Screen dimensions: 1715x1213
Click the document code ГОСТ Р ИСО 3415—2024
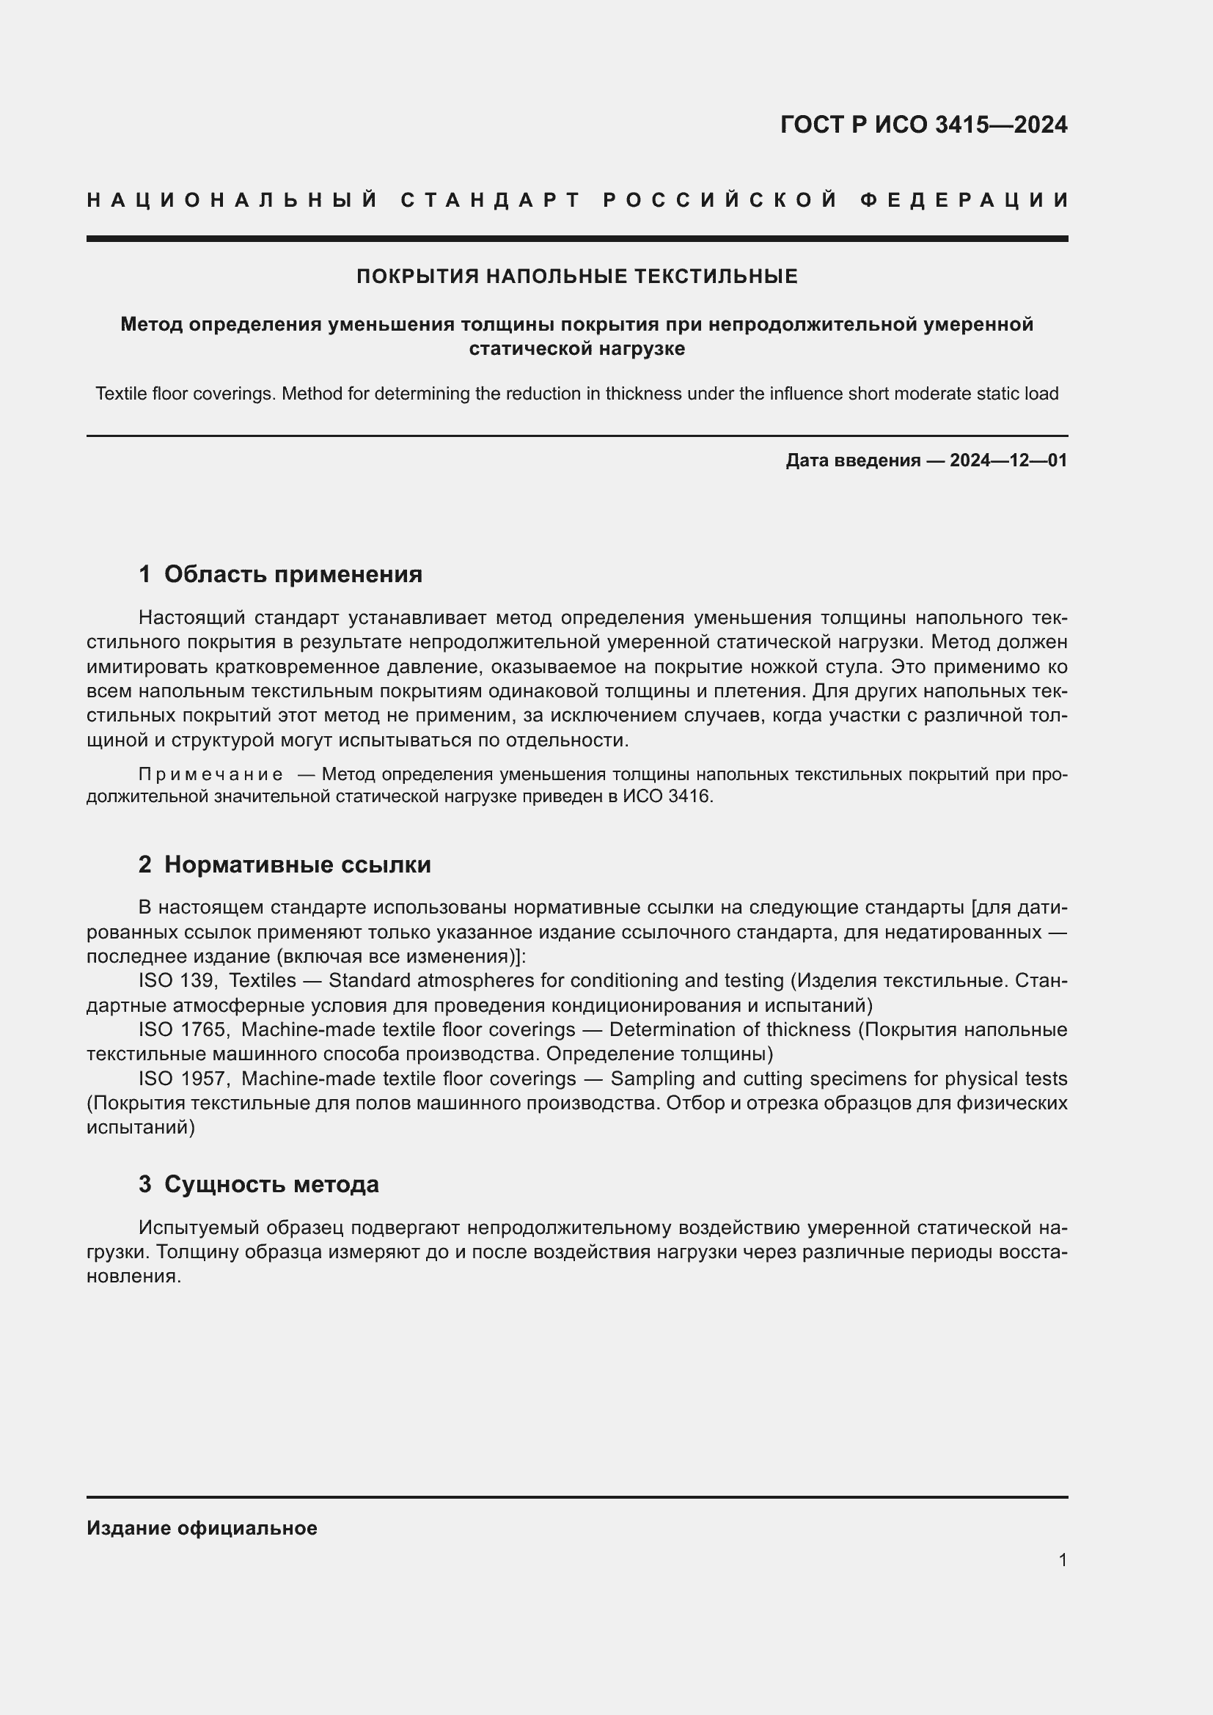pyautogui.click(x=923, y=125)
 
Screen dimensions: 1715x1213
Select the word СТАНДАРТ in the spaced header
pyautogui.click(x=491, y=200)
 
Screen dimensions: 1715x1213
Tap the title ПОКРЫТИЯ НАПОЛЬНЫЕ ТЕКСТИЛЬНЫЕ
pyautogui.click(x=576, y=276)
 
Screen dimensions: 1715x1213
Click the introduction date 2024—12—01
pyautogui.click(x=1008, y=460)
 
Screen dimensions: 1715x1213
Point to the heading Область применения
pyautogui.click(x=293, y=573)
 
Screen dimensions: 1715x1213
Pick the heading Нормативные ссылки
pyautogui.click(x=297, y=864)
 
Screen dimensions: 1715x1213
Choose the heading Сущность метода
pyautogui.click(x=271, y=1184)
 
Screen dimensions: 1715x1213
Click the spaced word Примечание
pyautogui.click(x=210, y=774)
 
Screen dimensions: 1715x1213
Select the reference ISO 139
pyautogui.click(x=176, y=980)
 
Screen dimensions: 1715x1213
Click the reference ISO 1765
pyautogui.click(x=183, y=1029)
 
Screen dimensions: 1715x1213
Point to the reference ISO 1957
pyautogui.click(x=183, y=1079)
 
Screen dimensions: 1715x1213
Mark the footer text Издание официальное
pyautogui.click(x=202, y=1527)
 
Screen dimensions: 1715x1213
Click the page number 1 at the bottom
pyautogui.click(x=1062, y=1560)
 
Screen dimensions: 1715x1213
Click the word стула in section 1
pyautogui.click(x=851, y=666)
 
